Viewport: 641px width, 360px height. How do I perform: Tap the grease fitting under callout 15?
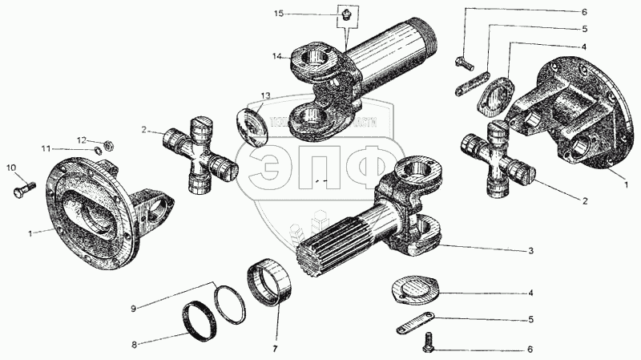[345, 14]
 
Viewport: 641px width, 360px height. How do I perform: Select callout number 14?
[276, 56]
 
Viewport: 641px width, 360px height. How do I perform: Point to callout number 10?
[10, 168]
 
